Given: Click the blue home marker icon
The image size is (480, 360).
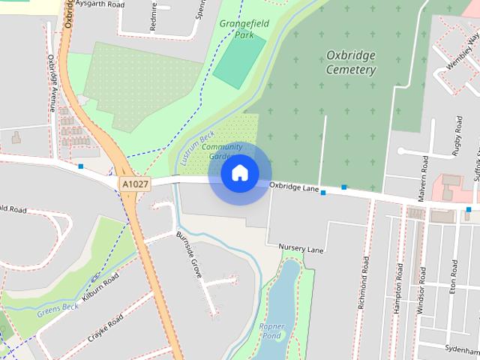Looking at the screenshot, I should (x=239, y=173).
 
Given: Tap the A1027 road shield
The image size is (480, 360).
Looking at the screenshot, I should (x=134, y=183).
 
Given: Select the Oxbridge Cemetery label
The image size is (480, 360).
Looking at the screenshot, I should (x=351, y=62).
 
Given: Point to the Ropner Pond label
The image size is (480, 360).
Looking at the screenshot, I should (x=272, y=331).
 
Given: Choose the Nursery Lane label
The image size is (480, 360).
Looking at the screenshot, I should (x=300, y=247).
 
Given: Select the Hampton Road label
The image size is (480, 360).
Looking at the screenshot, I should (x=396, y=292).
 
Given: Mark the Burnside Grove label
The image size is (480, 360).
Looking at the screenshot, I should (x=189, y=256).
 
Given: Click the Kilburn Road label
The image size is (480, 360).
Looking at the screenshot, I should (x=100, y=288).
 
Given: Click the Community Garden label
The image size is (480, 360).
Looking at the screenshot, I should (x=223, y=151).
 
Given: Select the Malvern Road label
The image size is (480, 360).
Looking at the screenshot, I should (x=424, y=174).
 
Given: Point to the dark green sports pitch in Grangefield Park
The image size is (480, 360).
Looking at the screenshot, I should (x=238, y=58).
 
